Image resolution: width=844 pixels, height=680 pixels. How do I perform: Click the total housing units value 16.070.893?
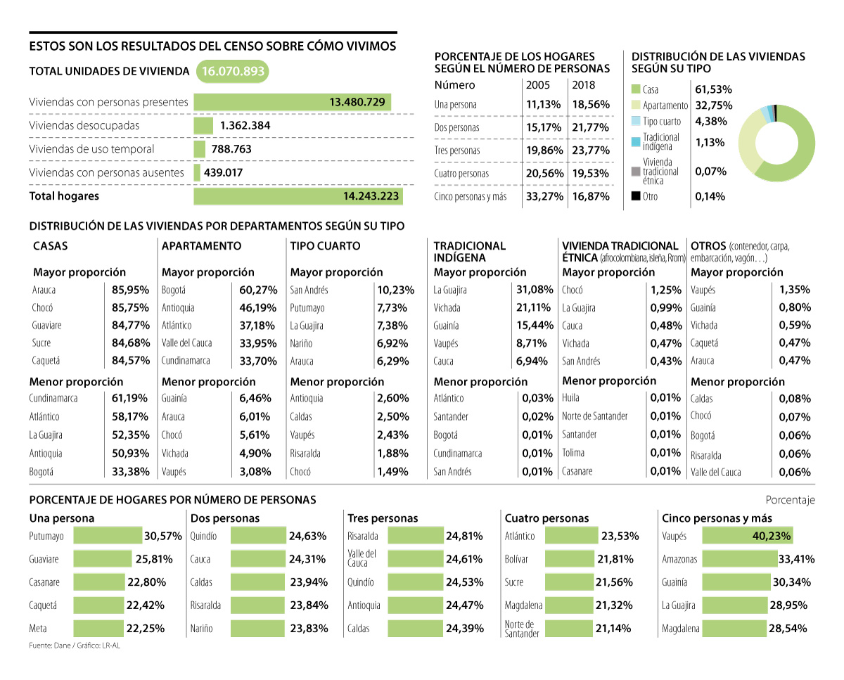coord(232,72)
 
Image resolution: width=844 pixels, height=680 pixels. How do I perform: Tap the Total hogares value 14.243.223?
coord(371,196)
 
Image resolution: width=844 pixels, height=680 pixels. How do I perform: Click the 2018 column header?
coord(583,85)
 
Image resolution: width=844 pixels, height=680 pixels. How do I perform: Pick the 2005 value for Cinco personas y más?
coord(544,196)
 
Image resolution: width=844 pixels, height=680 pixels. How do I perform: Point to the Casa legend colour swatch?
coord(636,89)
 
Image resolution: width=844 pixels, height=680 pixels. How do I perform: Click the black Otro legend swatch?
coord(636,196)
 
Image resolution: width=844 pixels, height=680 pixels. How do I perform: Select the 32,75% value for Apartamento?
coord(713,105)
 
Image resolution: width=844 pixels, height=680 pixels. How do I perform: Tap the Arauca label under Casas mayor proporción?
coord(44,290)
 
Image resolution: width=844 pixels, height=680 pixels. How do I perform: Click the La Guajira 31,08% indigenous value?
coord(535,290)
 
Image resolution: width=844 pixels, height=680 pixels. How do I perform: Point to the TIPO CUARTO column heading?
coord(325,246)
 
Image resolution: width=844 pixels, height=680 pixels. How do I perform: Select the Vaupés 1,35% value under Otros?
coord(795,289)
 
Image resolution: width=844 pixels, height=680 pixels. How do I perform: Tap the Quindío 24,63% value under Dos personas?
coord(307,536)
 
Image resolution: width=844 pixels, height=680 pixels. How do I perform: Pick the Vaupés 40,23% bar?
coord(746,536)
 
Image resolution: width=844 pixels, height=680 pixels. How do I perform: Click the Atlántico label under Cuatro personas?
coord(520,536)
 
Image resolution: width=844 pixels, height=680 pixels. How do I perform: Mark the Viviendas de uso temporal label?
coord(91,149)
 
